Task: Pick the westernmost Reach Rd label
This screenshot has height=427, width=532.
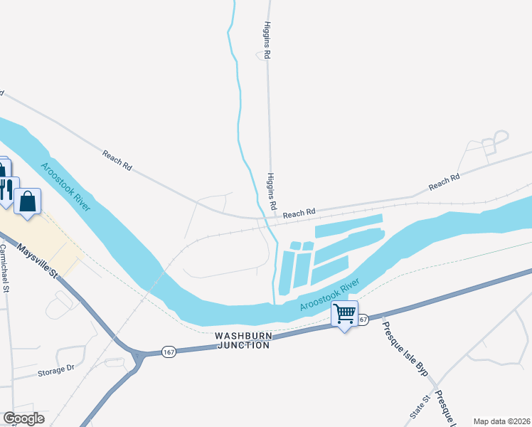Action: (117, 160)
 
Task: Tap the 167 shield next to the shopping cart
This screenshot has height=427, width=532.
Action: (362, 320)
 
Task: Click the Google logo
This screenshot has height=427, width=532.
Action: (23, 418)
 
